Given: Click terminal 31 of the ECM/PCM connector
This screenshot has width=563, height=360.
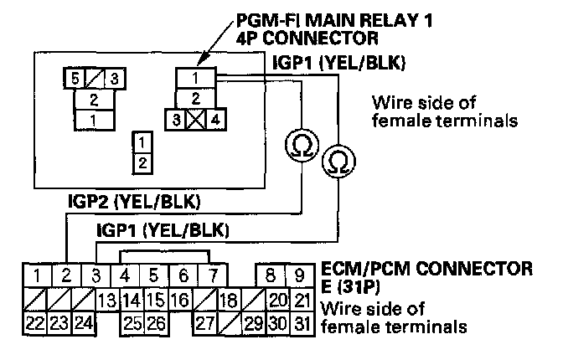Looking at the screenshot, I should pos(300,322).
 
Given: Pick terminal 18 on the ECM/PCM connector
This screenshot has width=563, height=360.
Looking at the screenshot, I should pos(225,299).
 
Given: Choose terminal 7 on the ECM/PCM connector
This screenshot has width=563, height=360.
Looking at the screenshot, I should pos(214,275).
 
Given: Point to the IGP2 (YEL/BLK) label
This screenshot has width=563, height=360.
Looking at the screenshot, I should pos(134,202).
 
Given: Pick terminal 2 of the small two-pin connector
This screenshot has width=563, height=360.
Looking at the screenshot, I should pos(144,161).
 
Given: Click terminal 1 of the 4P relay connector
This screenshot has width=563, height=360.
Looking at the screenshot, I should pos(194,79).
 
